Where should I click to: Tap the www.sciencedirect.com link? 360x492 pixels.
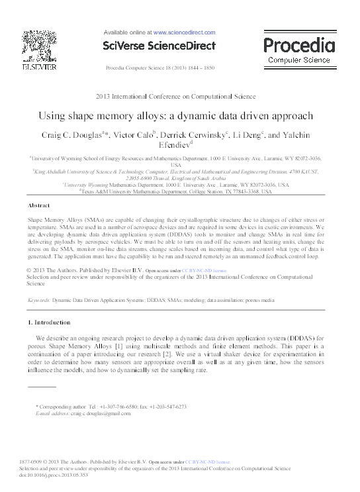pos(184,32)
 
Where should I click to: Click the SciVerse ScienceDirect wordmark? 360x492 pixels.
pos(159,46)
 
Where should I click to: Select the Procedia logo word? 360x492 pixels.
pos(299,46)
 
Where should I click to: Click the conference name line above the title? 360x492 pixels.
pos(179,97)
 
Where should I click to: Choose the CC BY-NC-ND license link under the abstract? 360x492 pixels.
pos(206,271)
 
